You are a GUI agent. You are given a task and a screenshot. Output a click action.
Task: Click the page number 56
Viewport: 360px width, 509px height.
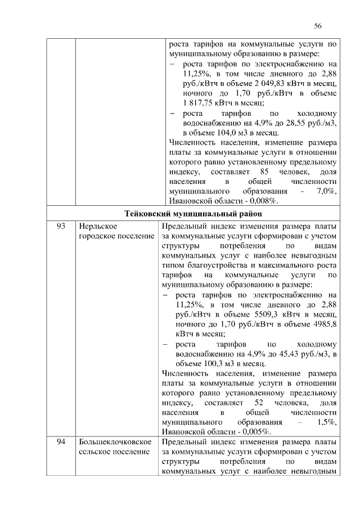(318, 26)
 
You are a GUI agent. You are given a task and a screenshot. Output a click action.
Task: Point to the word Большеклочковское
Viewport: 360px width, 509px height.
(114, 443)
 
